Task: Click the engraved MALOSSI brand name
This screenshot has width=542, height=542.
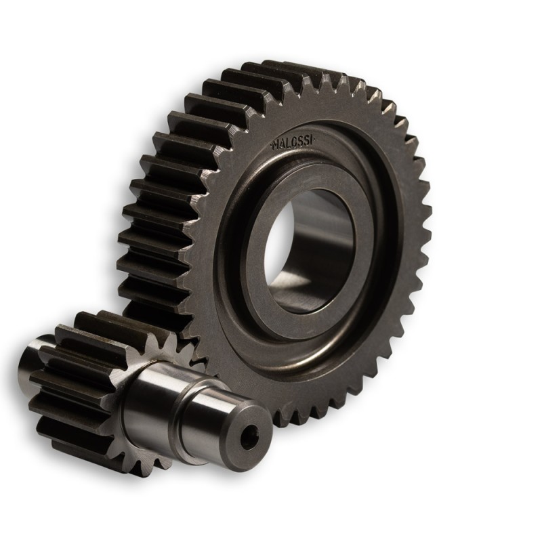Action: pos(295,143)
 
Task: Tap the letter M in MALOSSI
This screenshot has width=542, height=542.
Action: pos(276,145)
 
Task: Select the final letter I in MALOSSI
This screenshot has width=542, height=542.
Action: pos(316,140)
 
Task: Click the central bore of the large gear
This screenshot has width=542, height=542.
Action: pos(310,248)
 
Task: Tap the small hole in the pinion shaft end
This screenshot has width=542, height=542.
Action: pos(249,440)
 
